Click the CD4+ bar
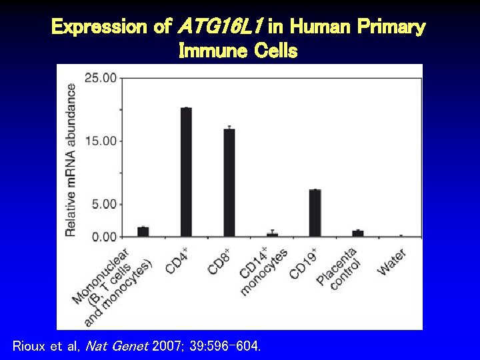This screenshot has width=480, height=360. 186,172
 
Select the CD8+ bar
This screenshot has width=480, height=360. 229,183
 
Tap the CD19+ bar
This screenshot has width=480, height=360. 315,213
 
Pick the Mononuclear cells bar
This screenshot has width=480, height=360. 143,231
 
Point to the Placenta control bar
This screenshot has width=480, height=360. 358,233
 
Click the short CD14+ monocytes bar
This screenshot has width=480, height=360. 272,235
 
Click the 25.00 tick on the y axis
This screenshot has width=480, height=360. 100,78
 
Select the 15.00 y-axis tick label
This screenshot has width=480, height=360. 100,141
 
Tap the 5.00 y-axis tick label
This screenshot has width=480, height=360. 103,204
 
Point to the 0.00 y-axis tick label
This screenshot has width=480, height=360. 103,237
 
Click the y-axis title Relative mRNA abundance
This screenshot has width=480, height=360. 71,159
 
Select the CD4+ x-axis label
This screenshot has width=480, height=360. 177,259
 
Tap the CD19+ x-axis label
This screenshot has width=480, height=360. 303,263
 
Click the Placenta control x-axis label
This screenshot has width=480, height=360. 340,268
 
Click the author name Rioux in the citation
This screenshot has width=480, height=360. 30,346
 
